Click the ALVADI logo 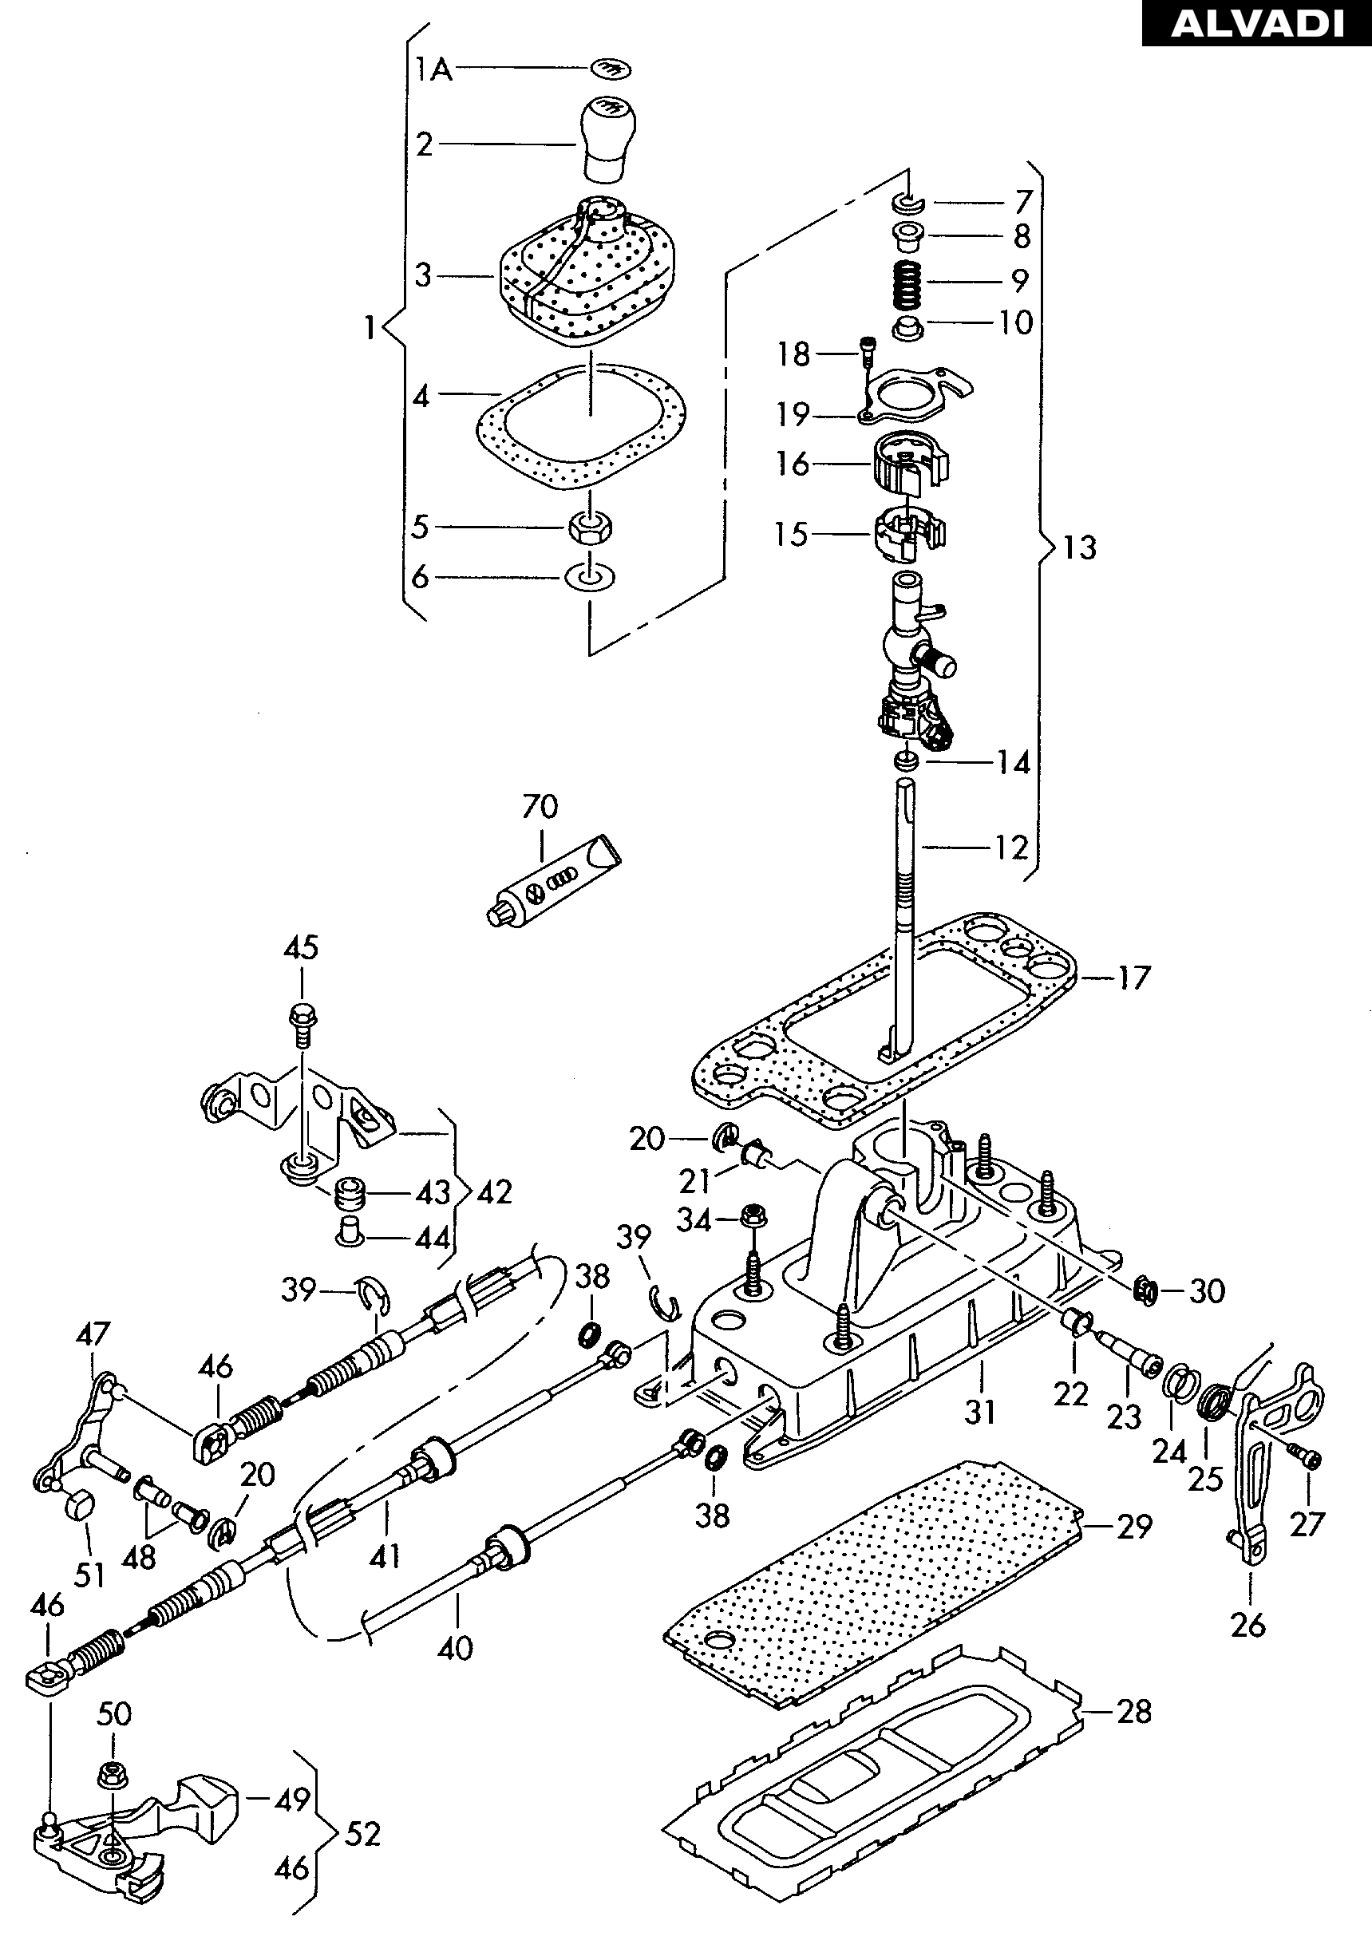point(1257,23)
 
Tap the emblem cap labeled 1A point(607,66)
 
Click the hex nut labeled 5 point(590,526)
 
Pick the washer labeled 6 point(590,577)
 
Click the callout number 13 point(1079,547)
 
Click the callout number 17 point(1134,978)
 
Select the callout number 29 point(1135,1527)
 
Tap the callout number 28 point(1134,1712)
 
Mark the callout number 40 point(455,1647)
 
